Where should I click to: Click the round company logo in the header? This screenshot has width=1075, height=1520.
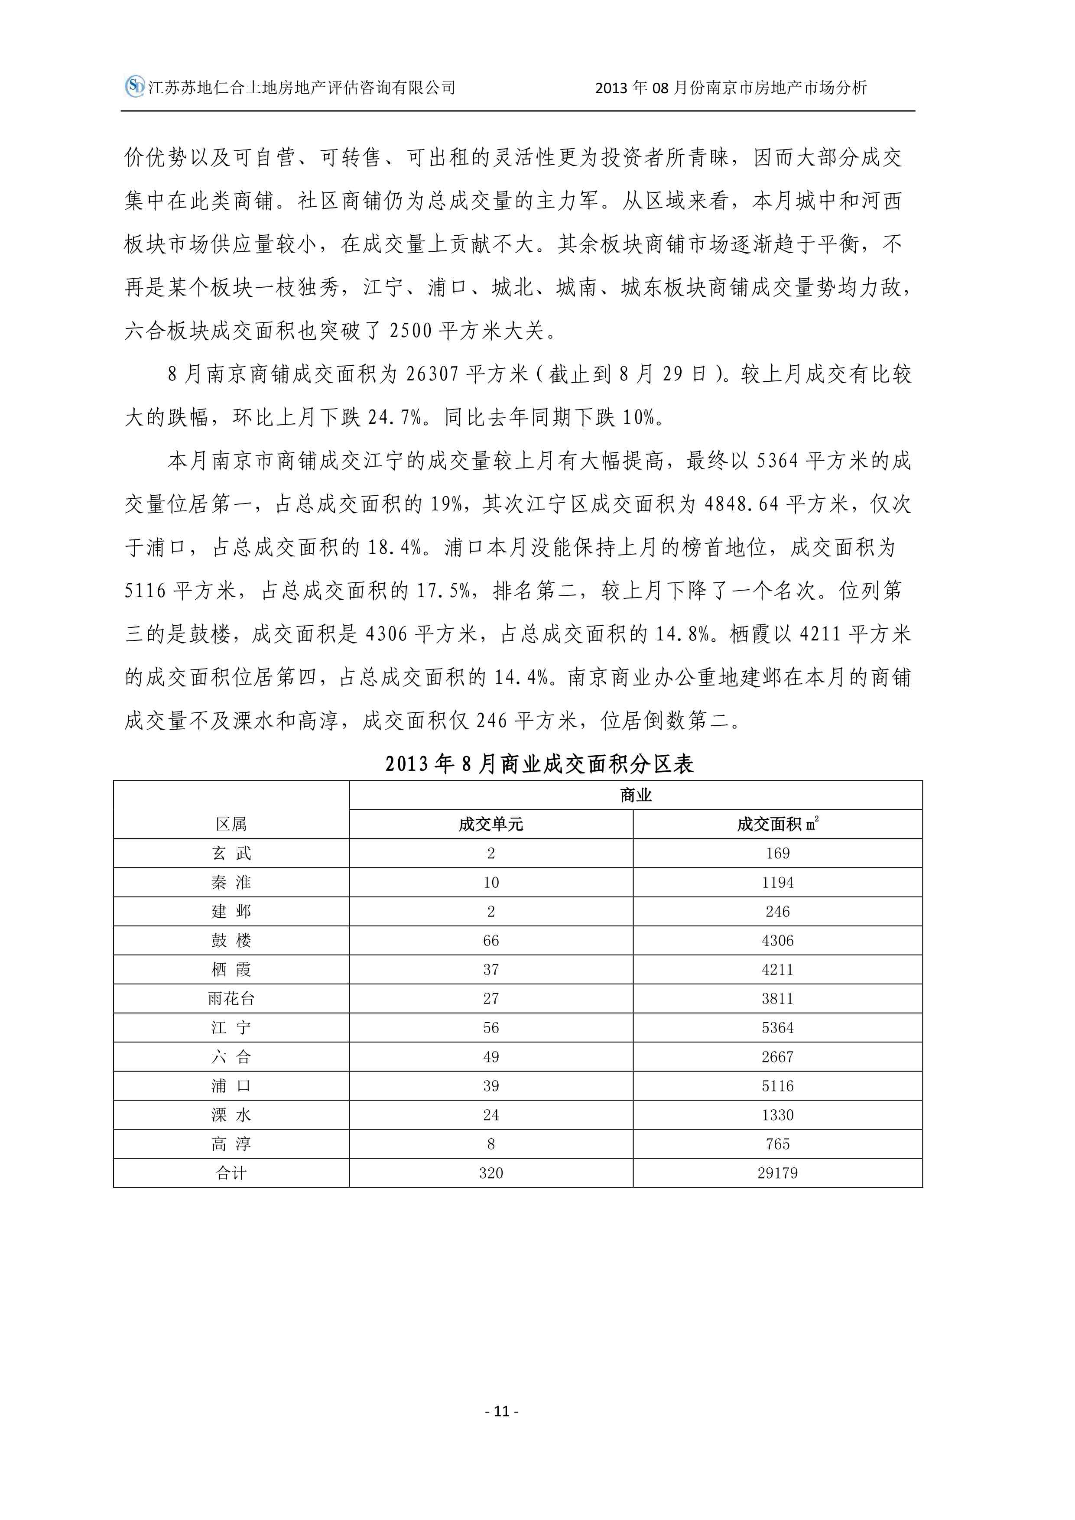pyautogui.click(x=134, y=86)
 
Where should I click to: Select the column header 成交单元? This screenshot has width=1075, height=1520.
pyautogui.click(x=490, y=824)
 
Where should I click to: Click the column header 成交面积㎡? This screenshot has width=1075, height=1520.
pyautogui.click(x=777, y=824)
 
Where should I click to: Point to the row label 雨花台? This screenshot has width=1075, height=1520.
pyautogui.click(x=231, y=998)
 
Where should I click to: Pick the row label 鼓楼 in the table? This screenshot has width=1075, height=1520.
pyautogui.click(x=231, y=940)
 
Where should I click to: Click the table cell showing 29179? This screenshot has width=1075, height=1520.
pyautogui.click(x=777, y=1173)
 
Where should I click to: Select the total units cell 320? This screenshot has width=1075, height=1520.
pyautogui.click(x=490, y=1173)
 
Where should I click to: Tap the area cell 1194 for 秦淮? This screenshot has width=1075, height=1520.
pyautogui.click(x=777, y=883)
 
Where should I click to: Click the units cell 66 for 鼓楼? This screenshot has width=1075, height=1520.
pyautogui.click(x=490, y=941)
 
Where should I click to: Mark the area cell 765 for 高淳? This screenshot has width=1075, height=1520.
pyautogui.click(x=777, y=1144)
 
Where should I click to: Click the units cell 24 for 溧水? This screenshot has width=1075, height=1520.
pyautogui.click(x=490, y=1115)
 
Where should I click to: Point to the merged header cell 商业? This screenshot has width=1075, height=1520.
pyautogui.click(x=636, y=795)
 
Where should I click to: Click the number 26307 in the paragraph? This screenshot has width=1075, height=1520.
pyautogui.click(x=432, y=375)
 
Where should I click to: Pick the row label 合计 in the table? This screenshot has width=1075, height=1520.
pyautogui.click(x=231, y=1173)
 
